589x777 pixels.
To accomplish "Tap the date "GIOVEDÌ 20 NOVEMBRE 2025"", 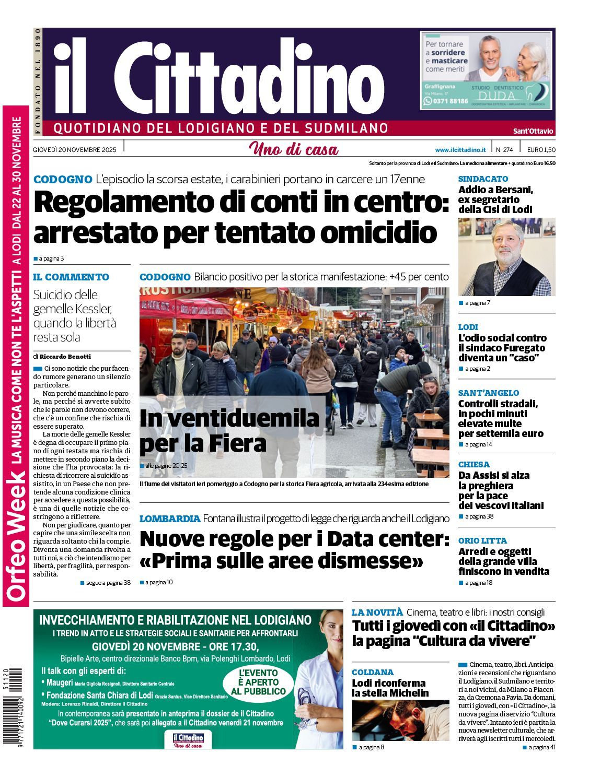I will (74, 149).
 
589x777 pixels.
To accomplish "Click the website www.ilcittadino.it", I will (460, 149).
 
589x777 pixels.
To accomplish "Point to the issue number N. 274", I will (504, 149).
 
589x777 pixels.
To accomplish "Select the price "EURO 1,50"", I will (541, 149).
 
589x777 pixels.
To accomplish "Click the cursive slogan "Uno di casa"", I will (294, 149).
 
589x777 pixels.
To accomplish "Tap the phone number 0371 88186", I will (449, 101).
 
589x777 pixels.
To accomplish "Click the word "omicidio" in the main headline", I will (378, 232).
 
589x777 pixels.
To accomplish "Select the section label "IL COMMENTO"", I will (71, 277).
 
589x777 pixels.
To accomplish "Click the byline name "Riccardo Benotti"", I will (65, 356).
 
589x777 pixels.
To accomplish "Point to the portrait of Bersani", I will (506, 257).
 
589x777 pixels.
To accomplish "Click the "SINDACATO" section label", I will (483, 179).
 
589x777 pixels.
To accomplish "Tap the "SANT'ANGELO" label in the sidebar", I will (489, 393).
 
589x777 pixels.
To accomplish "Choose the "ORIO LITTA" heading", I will (482, 540).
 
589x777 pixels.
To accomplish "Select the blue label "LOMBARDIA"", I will (170, 519).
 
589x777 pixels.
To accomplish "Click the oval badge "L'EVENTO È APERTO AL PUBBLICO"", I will (258, 682).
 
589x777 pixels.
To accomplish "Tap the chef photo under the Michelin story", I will (400, 720).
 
